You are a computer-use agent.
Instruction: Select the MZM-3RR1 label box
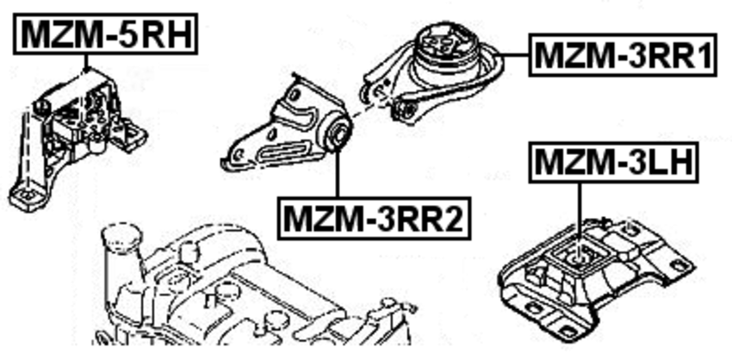pos(623,57)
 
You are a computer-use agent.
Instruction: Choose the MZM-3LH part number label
pos(613,162)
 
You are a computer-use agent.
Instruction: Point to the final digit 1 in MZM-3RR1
pos(703,57)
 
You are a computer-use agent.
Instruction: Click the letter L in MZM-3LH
pos(642,162)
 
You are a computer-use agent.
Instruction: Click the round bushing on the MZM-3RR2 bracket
pos(340,133)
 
